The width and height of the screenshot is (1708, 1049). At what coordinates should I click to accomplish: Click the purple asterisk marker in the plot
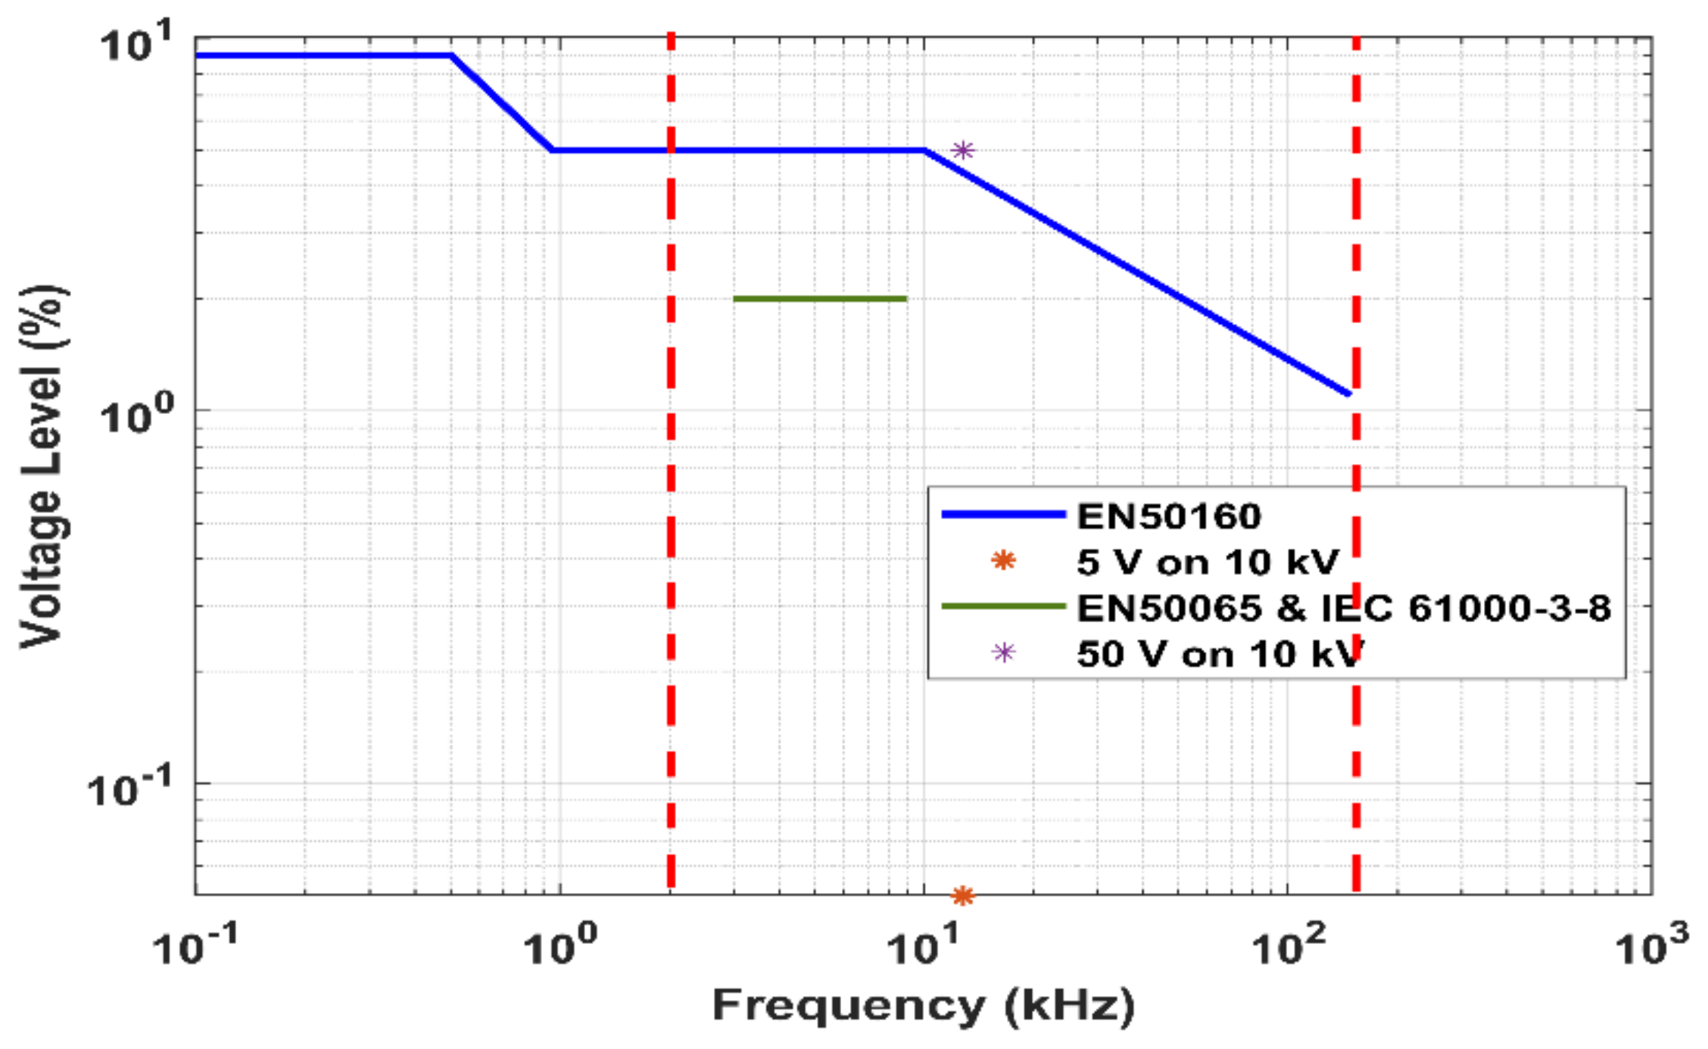point(962,150)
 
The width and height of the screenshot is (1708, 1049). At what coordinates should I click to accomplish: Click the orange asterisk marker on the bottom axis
point(962,896)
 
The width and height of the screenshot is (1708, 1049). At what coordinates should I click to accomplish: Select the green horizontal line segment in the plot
point(820,299)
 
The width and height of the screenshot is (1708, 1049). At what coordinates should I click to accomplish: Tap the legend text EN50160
point(1169,516)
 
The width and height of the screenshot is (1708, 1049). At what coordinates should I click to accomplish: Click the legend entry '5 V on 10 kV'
point(1208,562)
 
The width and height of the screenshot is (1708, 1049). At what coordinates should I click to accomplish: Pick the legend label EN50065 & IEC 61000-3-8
point(1344,608)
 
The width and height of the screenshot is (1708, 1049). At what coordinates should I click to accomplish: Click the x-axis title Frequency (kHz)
point(924,1006)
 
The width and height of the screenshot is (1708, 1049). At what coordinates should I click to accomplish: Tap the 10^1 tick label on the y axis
point(137,43)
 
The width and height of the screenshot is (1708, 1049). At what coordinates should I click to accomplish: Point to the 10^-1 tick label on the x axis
point(195,945)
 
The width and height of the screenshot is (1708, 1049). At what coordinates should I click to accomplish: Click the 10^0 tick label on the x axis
point(560,945)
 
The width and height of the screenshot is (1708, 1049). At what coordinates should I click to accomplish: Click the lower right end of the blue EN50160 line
point(1348,393)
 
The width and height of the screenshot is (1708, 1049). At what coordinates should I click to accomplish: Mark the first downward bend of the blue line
point(452,55)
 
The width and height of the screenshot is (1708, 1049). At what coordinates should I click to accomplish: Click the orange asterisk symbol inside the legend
point(1003,561)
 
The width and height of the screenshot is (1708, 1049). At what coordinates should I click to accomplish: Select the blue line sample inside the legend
point(1003,515)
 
